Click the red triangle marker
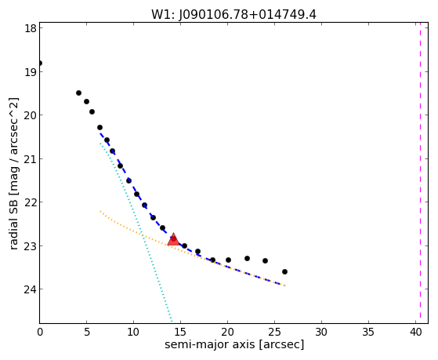point(173,239)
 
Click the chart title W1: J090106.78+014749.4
point(233,15)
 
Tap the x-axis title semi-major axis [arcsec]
point(234,344)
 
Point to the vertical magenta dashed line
point(420,173)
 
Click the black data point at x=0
point(40,63)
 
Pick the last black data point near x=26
point(284,271)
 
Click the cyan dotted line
point(136,232)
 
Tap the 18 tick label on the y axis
point(31,28)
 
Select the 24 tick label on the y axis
point(31,289)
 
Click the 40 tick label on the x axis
point(415,332)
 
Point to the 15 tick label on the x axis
point(180,332)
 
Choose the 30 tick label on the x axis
point(321,332)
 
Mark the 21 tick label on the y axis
point(31,159)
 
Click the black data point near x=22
point(248,258)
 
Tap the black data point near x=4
point(79,93)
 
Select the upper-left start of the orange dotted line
point(100,211)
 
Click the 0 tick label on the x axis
point(40,332)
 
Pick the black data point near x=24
point(265,260)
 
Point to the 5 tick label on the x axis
point(87,332)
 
